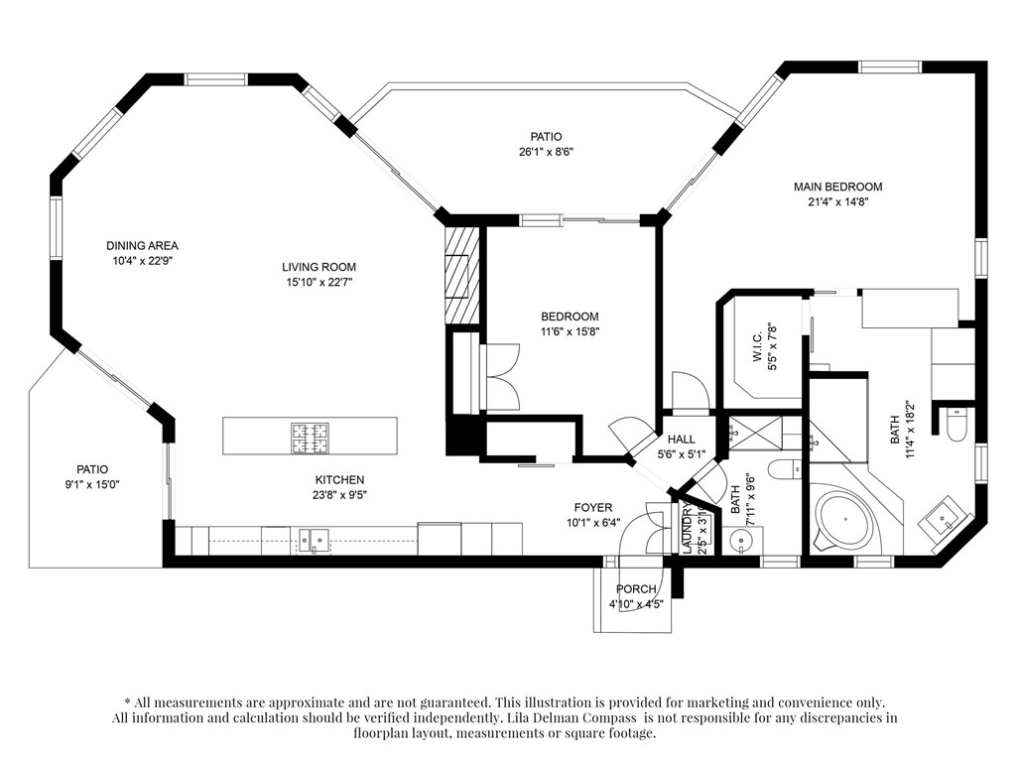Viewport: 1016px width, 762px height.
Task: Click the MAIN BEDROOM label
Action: (x=837, y=187)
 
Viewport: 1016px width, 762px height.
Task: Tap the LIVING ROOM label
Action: (x=318, y=267)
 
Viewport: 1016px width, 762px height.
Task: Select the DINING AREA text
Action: (x=142, y=246)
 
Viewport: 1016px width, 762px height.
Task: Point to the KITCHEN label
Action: (x=339, y=480)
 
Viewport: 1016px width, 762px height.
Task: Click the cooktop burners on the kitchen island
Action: (x=310, y=438)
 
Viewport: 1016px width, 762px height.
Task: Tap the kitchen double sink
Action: (x=314, y=540)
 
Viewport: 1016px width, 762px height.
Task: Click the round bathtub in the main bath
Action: (x=843, y=520)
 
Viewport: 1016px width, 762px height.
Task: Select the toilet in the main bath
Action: (x=956, y=425)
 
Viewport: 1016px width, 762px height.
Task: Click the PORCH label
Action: (x=636, y=589)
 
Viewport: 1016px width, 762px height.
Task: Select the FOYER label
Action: (x=593, y=508)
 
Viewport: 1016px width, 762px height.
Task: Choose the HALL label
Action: (x=681, y=440)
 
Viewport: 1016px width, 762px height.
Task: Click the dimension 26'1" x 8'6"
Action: (x=547, y=152)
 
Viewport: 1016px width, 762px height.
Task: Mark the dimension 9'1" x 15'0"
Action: (x=92, y=484)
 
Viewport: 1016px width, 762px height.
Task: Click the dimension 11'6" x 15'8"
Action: (x=570, y=331)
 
